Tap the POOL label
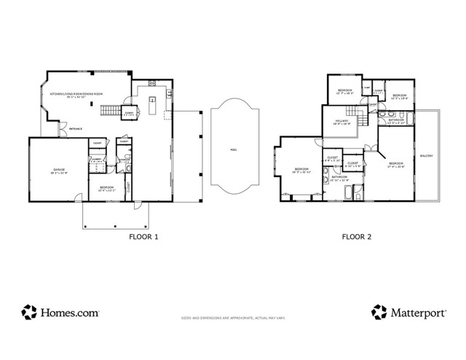pyautogui.click(x=234, y=149)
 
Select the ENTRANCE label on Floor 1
pyautogui.click(x=75, y=129)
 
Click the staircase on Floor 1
pyautogui.click(x=109, y=111)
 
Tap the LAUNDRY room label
pyautogui.click(x=96, y=159)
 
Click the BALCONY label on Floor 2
pyautogui.click(x=427, y=156)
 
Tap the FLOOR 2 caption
pyautogui.click(x=358, y=237)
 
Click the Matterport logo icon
pyautogui.click(x=379, y=312)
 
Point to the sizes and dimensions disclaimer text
pyautogui.click(x=233, y=318)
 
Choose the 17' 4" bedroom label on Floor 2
pyautogui.click(x=396, y=163)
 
